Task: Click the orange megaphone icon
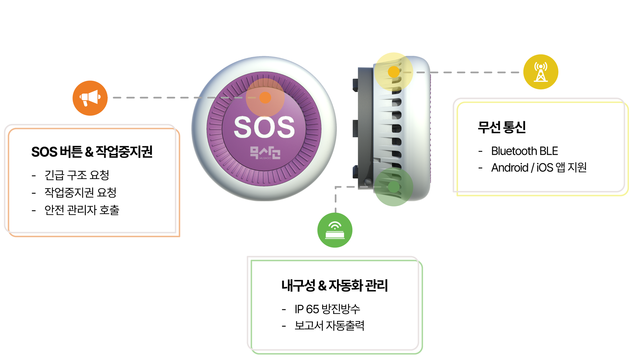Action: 90,98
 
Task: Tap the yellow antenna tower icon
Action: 540,72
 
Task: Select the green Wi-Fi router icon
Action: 335,230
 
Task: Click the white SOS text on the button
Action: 264,127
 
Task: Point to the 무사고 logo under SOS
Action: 265,153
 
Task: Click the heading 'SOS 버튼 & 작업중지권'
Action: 92,152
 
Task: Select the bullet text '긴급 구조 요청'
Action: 77,175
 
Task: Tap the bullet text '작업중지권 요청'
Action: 80,192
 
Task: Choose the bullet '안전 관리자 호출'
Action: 82,210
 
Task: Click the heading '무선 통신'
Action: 502,127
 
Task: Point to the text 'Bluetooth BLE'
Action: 525,151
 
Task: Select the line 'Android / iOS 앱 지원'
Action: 539,168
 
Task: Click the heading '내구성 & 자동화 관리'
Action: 335,285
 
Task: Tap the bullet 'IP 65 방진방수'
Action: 327,309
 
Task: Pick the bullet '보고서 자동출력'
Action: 329,326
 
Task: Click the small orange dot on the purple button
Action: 265,98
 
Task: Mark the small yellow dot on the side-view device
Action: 394,72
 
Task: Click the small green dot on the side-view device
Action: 394,187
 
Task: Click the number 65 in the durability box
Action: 313,309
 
